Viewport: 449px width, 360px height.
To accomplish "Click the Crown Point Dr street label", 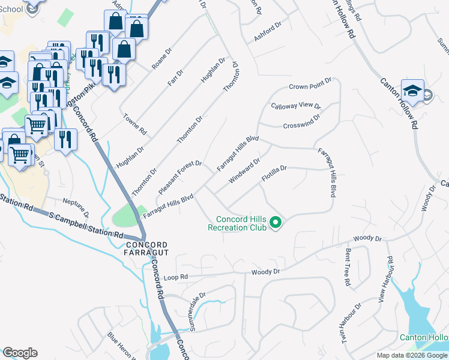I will [x=310, y=87].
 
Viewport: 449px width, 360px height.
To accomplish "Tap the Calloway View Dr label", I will [x=296, y=106].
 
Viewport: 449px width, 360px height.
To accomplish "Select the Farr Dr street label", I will [x=175, y=76].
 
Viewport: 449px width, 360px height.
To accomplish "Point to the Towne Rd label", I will [x=135, y=124].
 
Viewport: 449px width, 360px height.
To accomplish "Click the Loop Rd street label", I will [x=175, y=277].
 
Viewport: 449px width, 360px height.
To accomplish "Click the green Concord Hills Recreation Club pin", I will [x=276, y=223].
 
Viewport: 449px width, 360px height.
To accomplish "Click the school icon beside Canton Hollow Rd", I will [x=412, y=91].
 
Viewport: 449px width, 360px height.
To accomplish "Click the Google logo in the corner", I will [x=20, y=352].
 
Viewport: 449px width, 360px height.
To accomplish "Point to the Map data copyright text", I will [x=411, y=355].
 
